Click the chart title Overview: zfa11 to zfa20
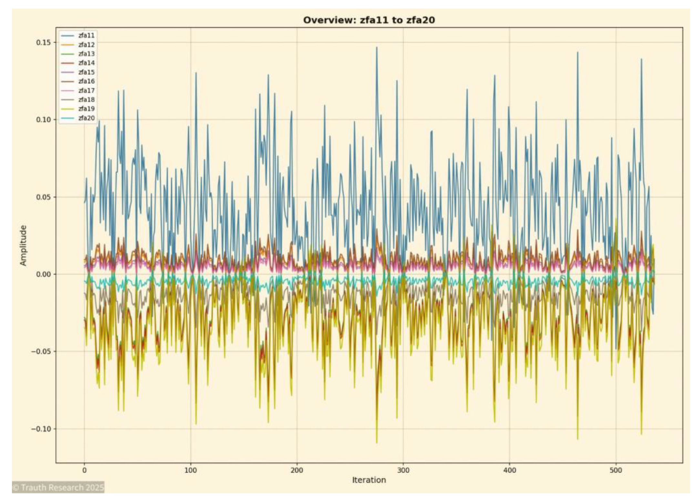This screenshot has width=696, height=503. (x=369, y=20)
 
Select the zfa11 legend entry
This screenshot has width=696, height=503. (x=86, y=36)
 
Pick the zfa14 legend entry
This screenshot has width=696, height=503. (x=86, y=63)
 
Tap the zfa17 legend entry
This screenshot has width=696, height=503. (x=86, y=91)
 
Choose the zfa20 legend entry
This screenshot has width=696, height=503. (x=86, y=118)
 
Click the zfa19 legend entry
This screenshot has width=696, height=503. (x=86, y=109)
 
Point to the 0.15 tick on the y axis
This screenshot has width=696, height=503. (x=43, y=43)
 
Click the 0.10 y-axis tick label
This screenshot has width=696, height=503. (x=43, y=120)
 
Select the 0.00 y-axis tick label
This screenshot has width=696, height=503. (x=43, y=274)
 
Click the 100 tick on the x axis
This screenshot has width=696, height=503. (x=190, y=470)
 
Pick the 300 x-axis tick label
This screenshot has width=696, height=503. (x=403, y=470)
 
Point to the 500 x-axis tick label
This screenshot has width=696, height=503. (x=616, y=470)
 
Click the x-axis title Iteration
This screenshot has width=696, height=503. (x=369, y=480)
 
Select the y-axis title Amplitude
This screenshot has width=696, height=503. (x=23, y=245)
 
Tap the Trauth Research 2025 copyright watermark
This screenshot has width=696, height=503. (x=58, y=487)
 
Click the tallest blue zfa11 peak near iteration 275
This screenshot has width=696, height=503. (x=376, y=48)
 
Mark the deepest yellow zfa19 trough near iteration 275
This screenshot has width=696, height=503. (x=376, y=442)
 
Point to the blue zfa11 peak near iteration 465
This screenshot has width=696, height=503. (x=578, y=53)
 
